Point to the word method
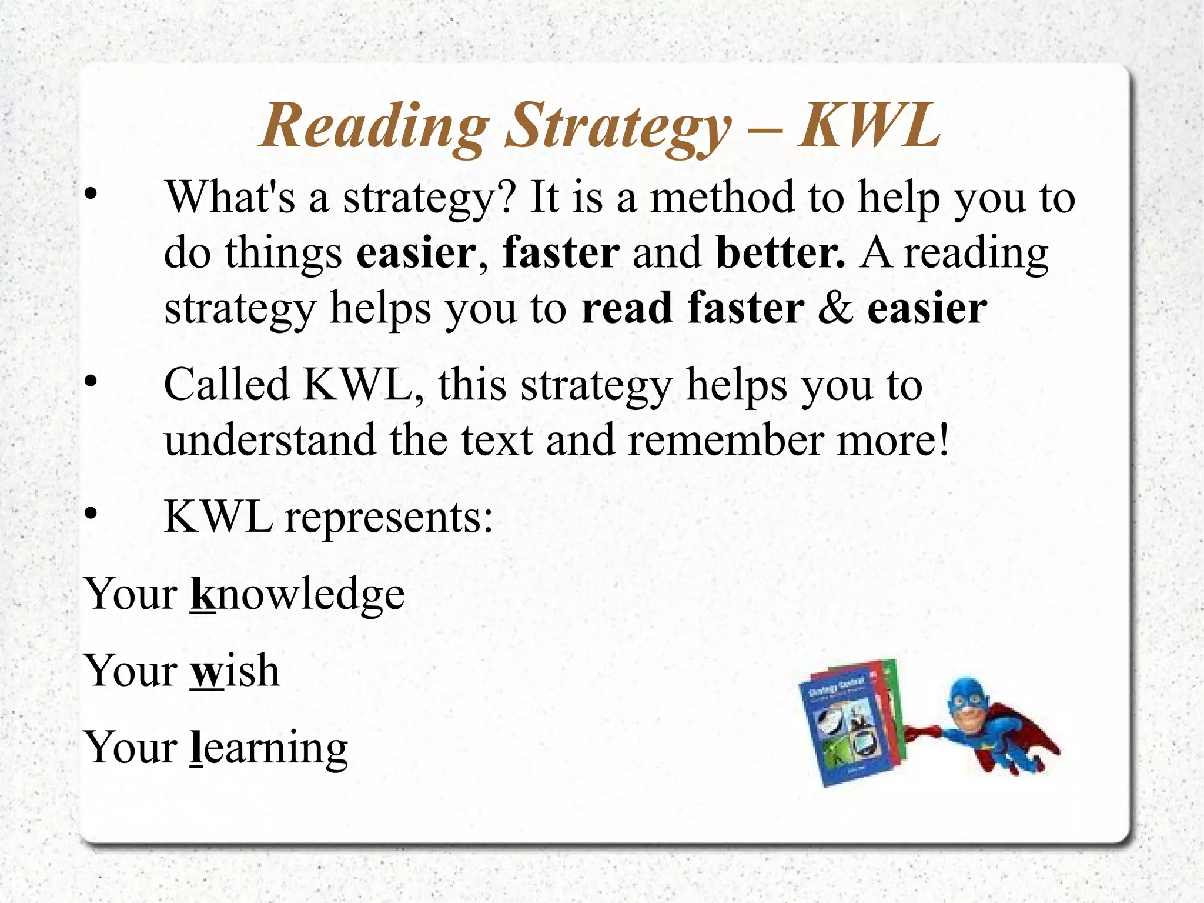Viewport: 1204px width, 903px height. (x=723, y=197)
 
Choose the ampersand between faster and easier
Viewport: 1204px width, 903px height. (x=835, y=308)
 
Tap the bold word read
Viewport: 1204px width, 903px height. (x=627, y=308)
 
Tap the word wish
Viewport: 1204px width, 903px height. (x=235, y=670)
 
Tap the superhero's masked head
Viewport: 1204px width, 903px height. (x=967, y=703)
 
